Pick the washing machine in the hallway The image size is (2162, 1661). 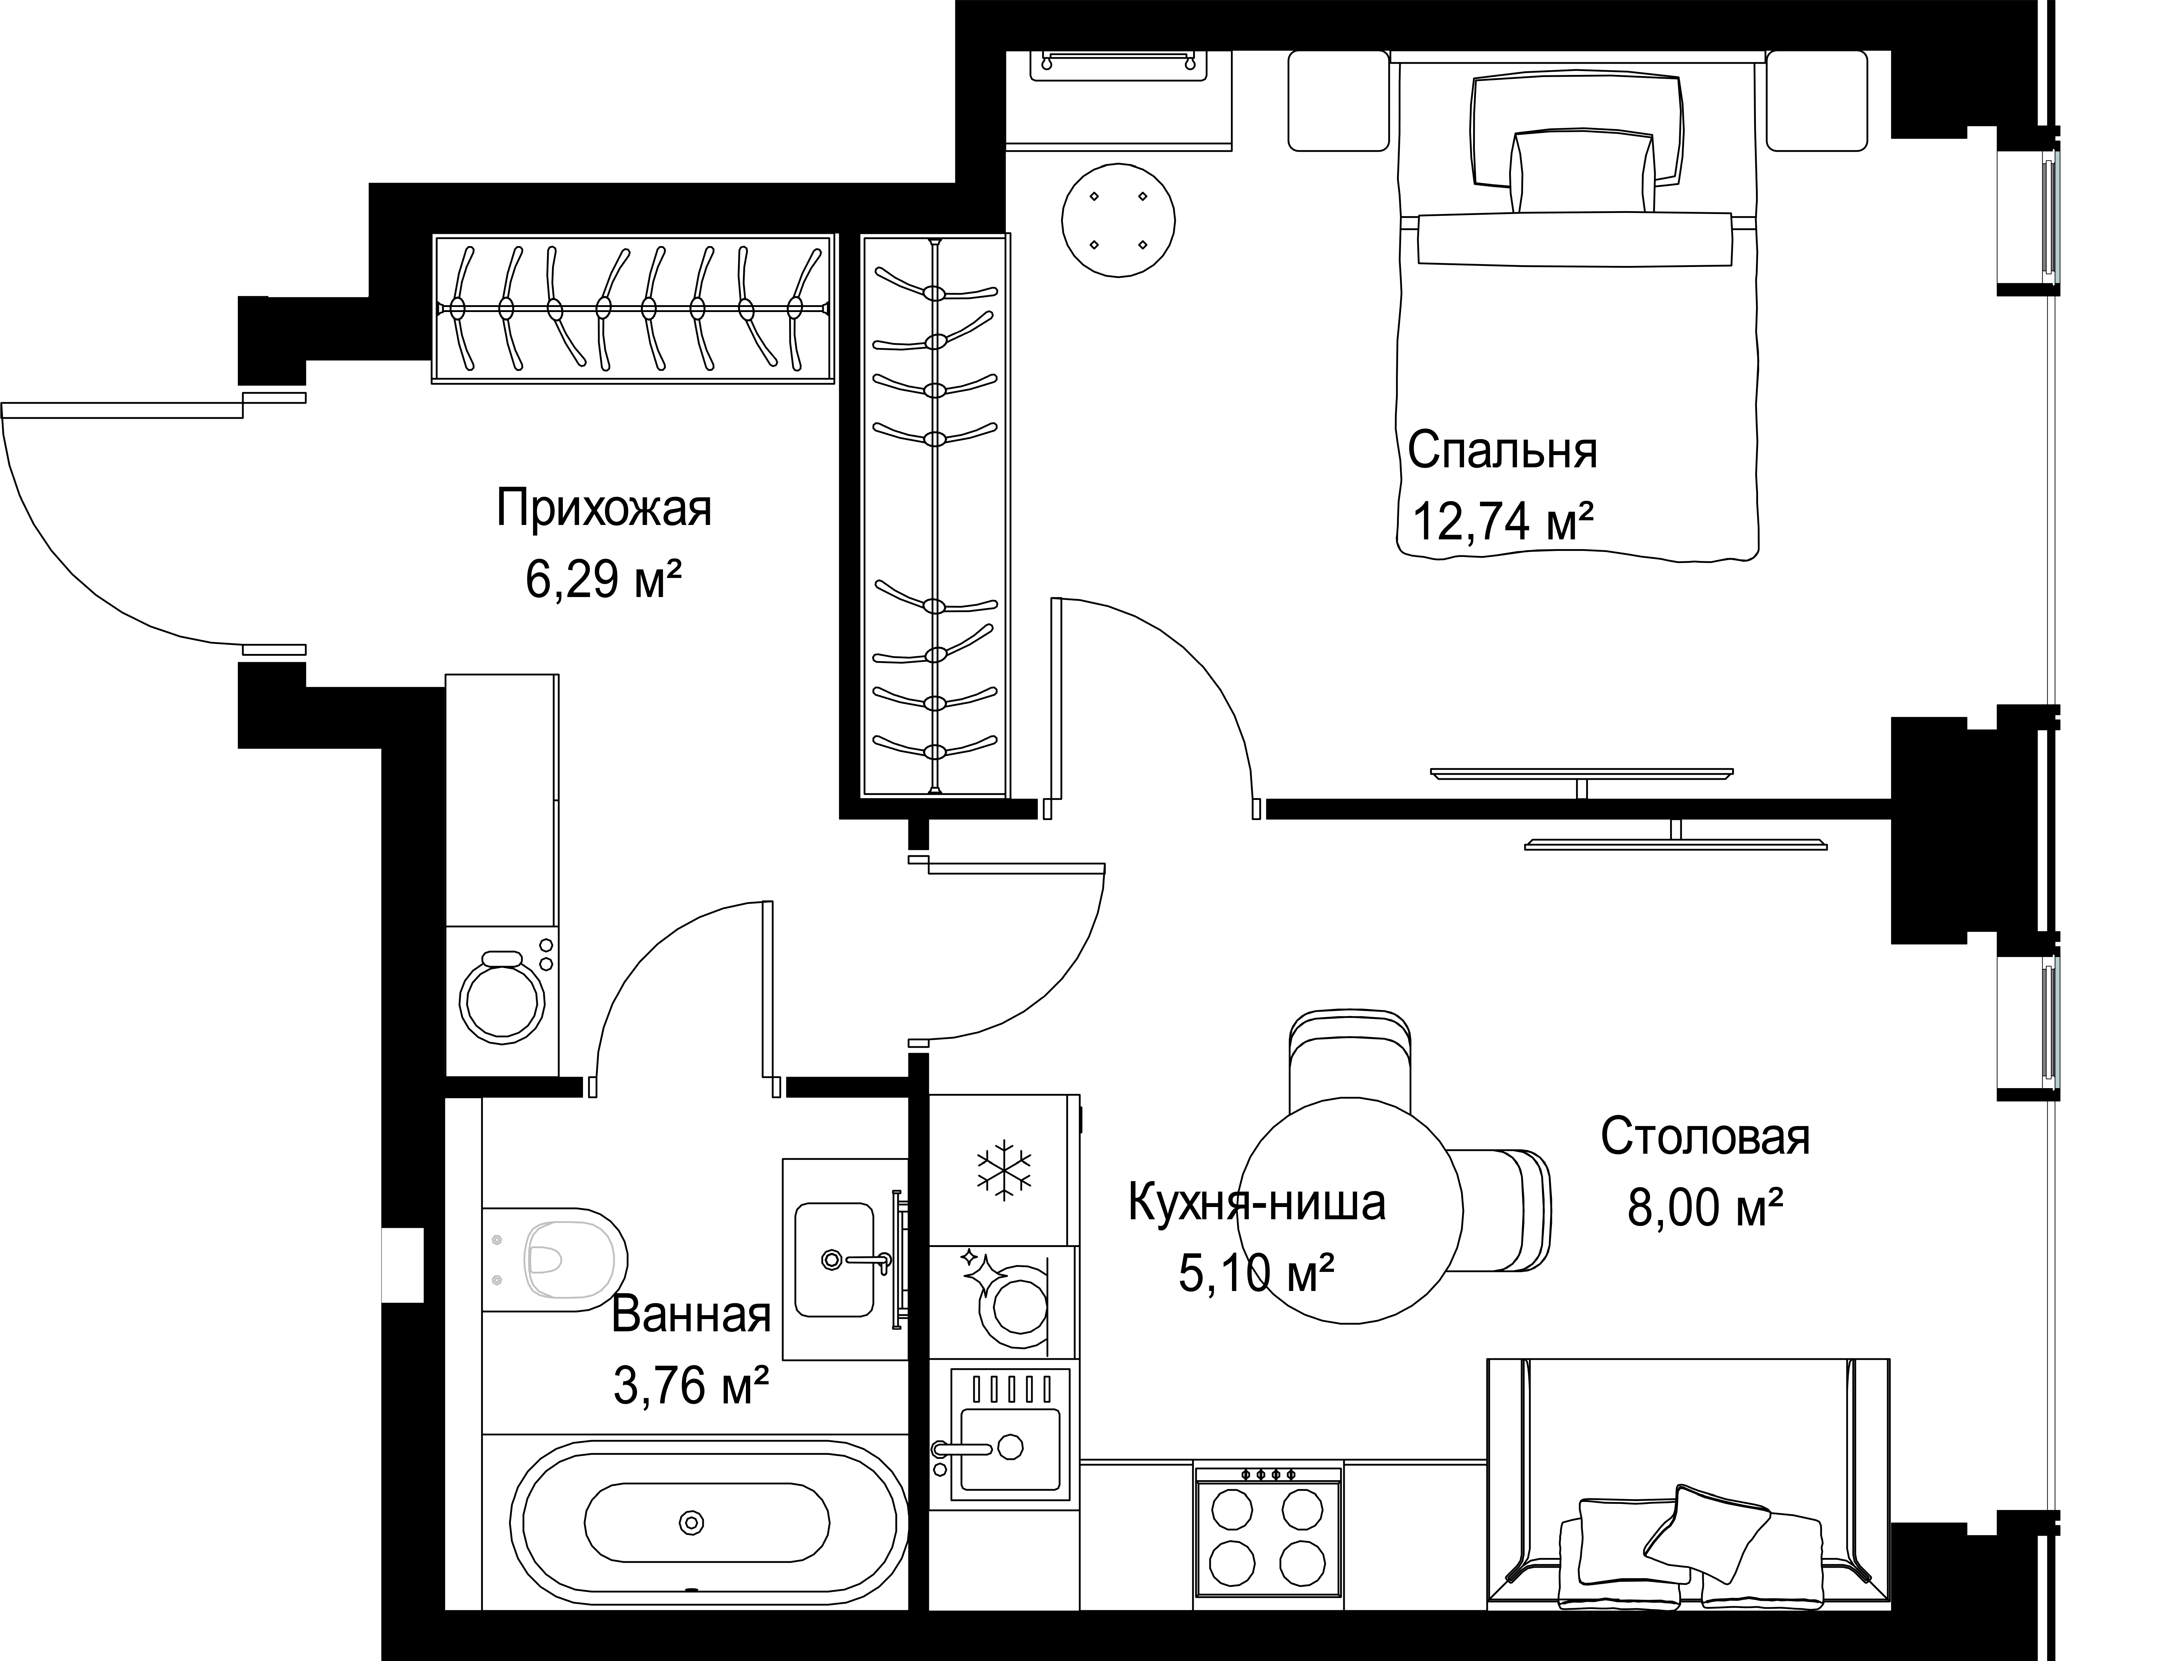[502, 1001]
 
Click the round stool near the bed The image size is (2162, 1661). [1118, 219]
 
